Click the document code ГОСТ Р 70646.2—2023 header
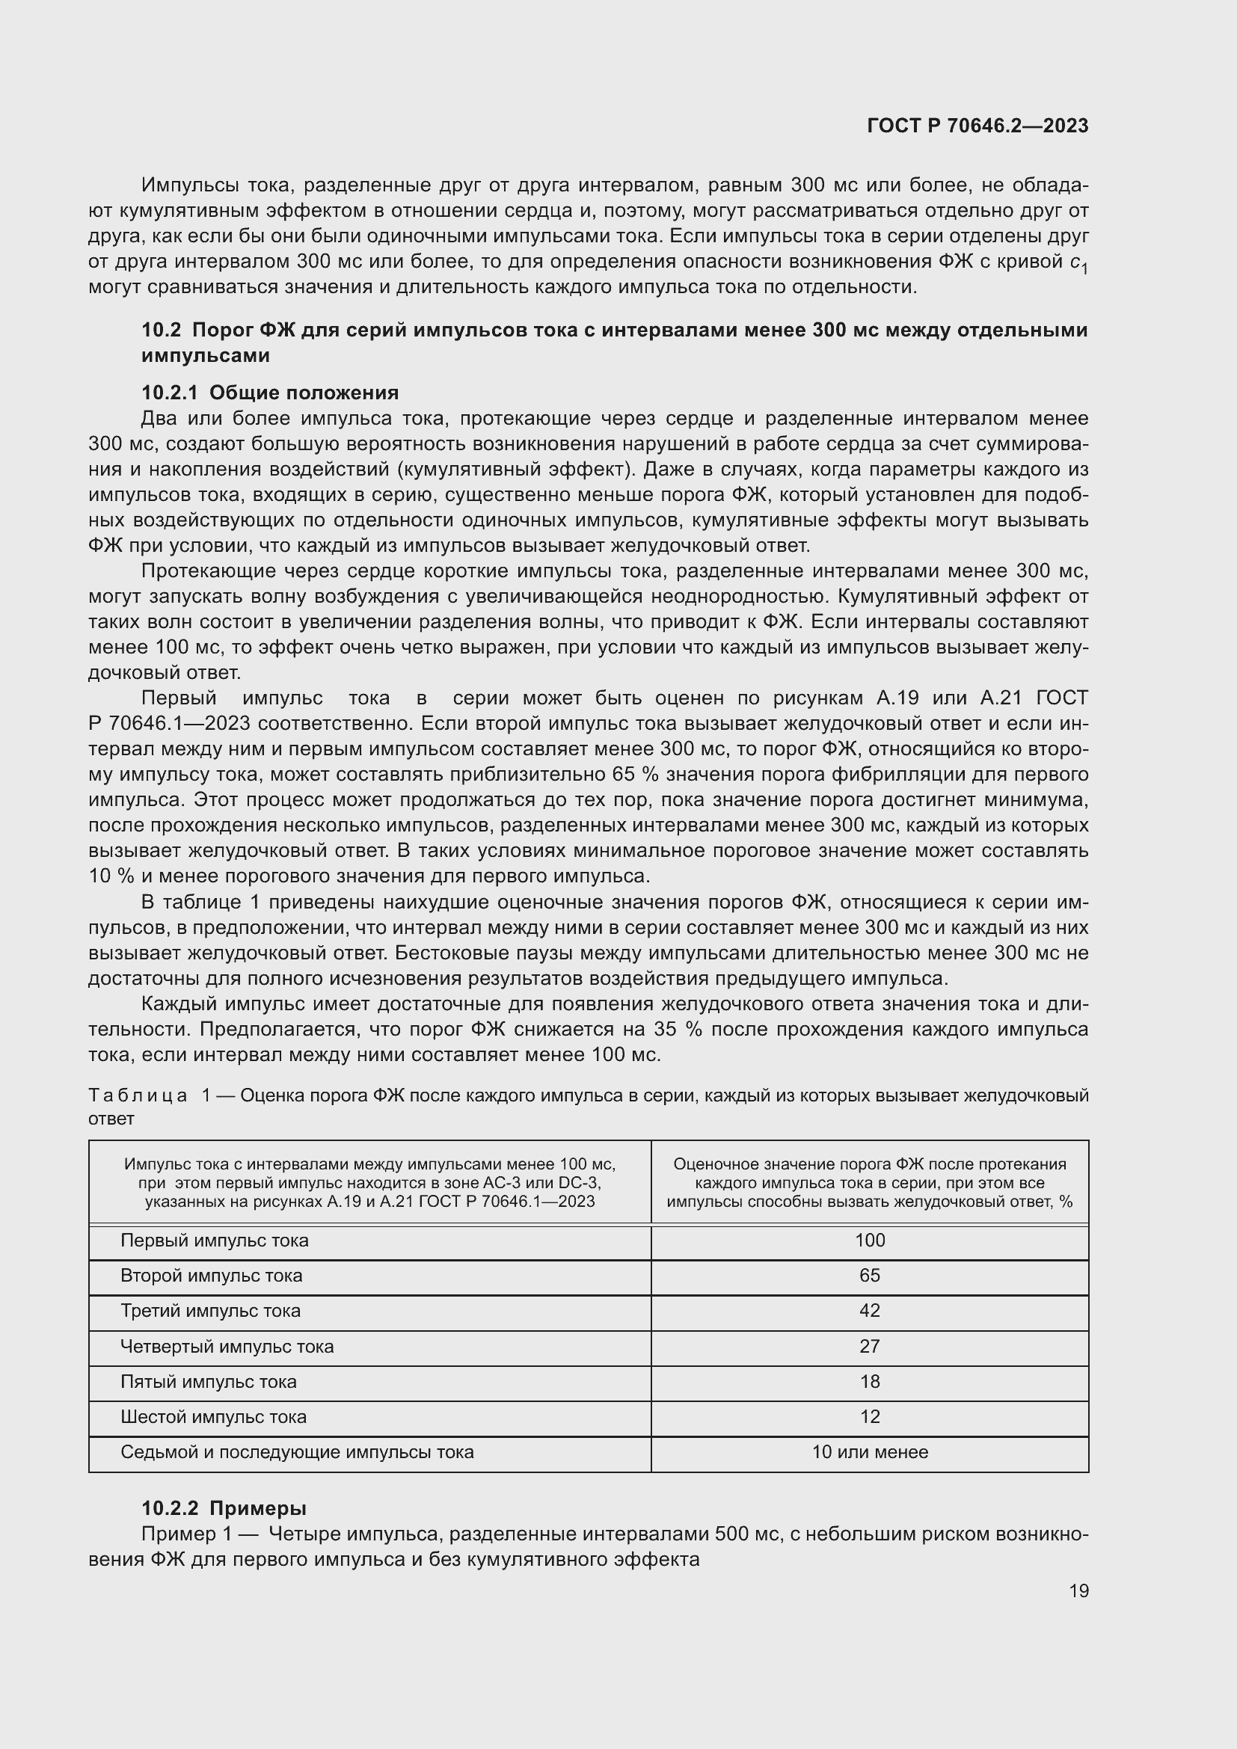click(x=977, y=126)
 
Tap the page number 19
click(x=1078, y=1590)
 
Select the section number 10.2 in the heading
click(x=161, y=330)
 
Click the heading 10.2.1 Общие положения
click(x=270, y=393)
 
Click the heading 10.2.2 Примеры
click(x=224, y=1507)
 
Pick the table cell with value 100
click(x=869, y=1240)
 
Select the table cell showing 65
click(x=869, y=1275)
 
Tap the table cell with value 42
click(x=869, y=1310)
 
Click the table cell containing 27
click(x=869, y=1346)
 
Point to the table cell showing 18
click(x=869, y=1381)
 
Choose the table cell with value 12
click(x=869, y=1416)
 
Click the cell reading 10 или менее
click(x=869, y=1452)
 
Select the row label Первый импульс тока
click(x=214, y=1240)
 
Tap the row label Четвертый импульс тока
click(x=227, y=1346)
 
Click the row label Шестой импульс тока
click(x=213, y=1417)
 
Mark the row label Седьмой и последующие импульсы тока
click(x=297, y=1452)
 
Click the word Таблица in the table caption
click(x=138, y=1095)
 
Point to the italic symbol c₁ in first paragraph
click(x=1078, y=262)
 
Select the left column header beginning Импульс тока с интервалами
click(x=369, y=1182)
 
